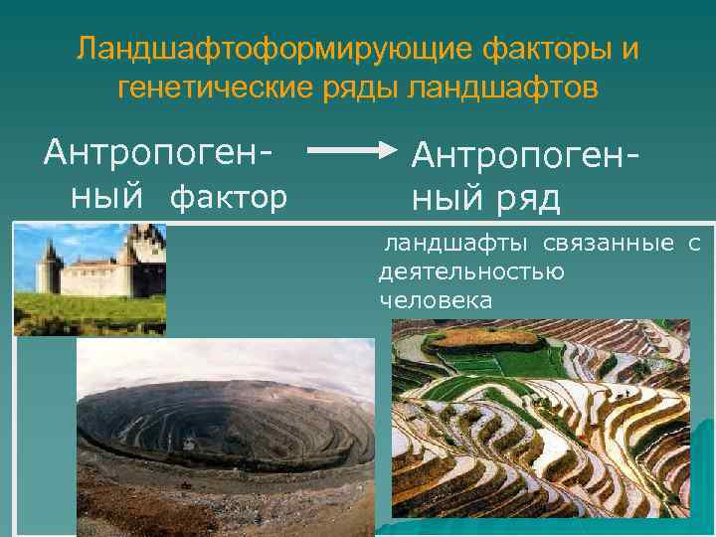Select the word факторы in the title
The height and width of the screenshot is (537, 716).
point(539,47)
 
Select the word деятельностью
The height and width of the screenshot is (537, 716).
point(471,271)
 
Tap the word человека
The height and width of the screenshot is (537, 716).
point(435,298)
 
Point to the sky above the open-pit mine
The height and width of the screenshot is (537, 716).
point(229,363)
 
